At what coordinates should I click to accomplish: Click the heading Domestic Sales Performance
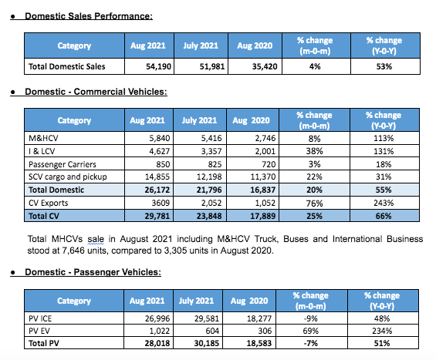pos(89,16)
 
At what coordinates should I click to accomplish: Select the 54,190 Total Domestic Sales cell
pos(158,66)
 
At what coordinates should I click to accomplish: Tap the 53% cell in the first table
pos(384,66)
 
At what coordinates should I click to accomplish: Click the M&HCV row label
pos(43,138)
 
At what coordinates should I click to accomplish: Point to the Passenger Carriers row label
pos(63,164)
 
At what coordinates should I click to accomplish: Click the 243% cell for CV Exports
pos(384,203)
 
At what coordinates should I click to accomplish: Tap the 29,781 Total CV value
pos(157,216)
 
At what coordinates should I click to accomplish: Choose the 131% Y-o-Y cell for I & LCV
pos(384,151)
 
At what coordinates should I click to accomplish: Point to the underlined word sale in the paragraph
pos(96,239)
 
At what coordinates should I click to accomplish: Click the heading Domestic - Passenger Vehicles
pos(93,272)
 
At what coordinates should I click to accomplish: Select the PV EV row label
pos(39,331)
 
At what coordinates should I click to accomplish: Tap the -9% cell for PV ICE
pos(310,318)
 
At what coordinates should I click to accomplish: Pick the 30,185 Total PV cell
pos(207,343)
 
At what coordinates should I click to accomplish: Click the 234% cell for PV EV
pos(382,331)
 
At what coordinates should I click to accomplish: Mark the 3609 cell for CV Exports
pos(161,203)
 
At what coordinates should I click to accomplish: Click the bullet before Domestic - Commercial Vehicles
pos(12,93)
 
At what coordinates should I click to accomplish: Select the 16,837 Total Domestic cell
pos(263,190)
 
